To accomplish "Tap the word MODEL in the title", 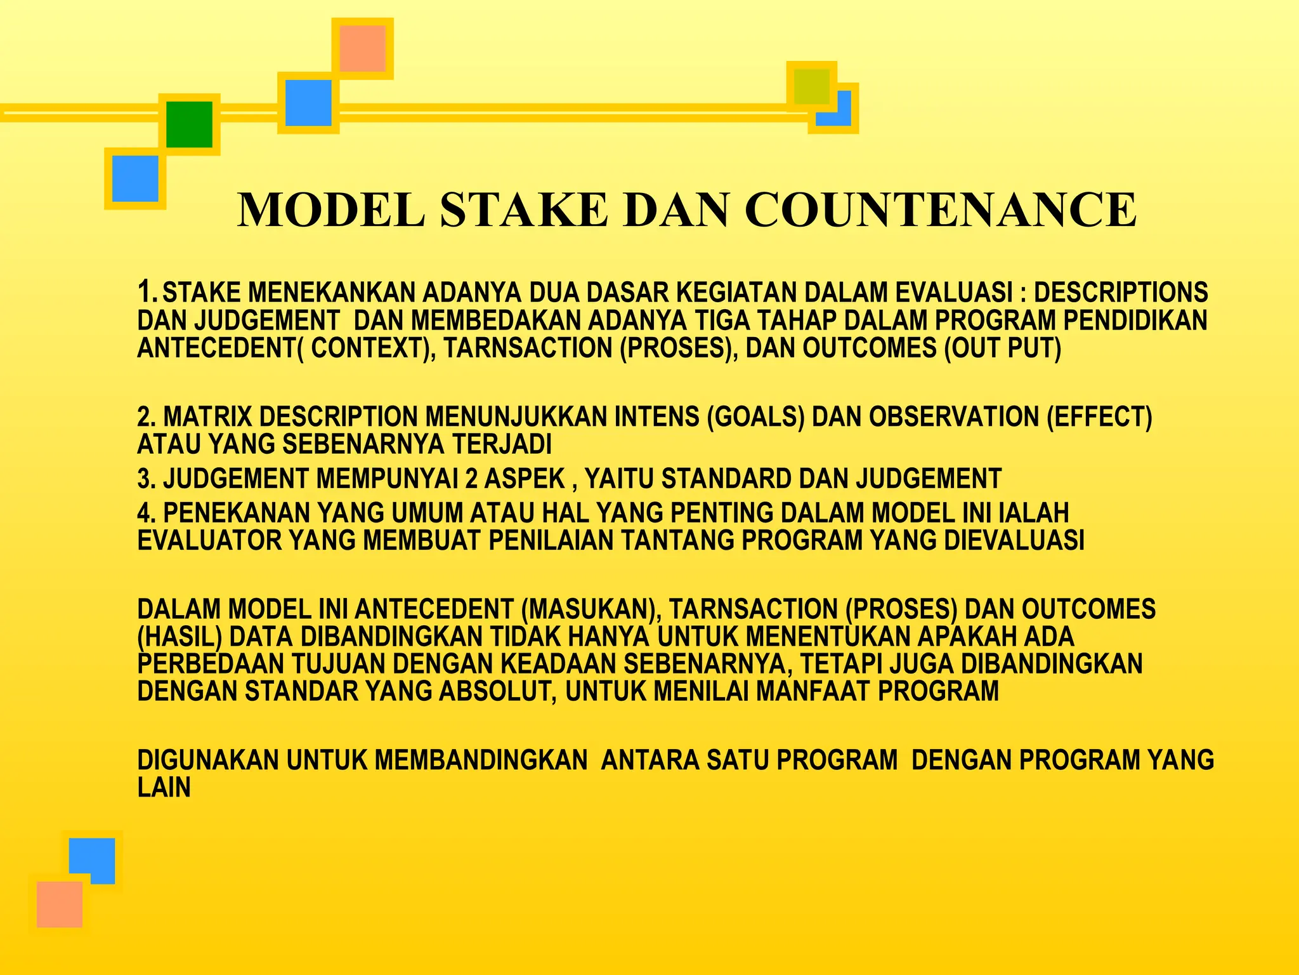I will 331,210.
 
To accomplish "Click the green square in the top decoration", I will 189,124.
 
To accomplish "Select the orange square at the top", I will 362,48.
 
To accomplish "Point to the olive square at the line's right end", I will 811,87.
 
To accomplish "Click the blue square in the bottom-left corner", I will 92,860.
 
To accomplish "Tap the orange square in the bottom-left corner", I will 60,904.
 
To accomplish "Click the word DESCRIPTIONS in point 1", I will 1121,293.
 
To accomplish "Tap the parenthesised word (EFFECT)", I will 1099,417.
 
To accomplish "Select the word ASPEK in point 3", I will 525,479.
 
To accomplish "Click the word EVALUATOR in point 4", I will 209,541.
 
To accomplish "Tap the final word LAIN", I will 164,788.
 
